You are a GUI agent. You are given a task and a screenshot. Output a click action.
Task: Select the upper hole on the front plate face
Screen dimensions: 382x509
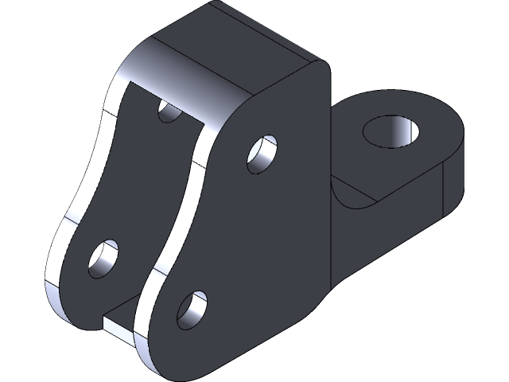click(x=262, y=154)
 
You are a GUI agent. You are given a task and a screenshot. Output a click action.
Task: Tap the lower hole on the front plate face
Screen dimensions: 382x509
click(x=192, y=310)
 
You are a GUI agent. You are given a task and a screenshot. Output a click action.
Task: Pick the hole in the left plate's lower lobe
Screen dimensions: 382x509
click(x=104, y=258)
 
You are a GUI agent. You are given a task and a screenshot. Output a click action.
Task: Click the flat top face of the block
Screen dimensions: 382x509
click(x=239, y=40)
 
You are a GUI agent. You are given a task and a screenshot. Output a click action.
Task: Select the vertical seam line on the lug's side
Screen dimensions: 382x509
click(x=442, y=191)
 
